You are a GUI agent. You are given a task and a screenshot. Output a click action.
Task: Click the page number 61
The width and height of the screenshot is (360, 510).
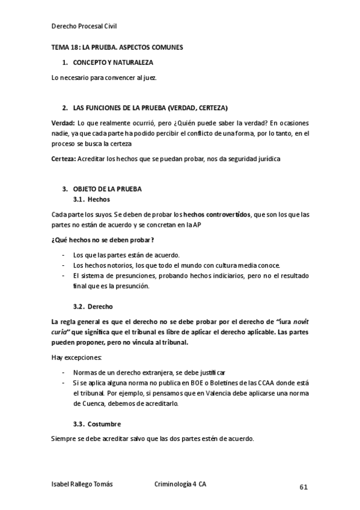[x=304, y=487]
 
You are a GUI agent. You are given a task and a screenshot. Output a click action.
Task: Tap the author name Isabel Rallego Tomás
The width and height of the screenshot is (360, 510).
[x=82, y=484]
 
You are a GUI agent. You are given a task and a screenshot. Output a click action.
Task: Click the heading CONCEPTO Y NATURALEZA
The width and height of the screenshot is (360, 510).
[x=113, y=63]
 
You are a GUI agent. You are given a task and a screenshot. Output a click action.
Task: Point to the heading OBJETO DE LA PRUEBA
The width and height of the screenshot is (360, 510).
[x=107, y=189]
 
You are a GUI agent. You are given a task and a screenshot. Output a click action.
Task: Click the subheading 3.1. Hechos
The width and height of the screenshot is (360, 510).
[x=91, y=199]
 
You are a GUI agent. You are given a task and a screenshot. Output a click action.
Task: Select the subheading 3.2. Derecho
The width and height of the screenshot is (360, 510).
[x=93, y=306]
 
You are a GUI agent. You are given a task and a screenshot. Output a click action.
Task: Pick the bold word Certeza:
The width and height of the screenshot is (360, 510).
[x=64, y=159]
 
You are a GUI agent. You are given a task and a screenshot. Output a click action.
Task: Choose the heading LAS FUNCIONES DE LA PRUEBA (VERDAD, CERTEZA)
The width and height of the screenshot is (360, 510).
[x=150, y=108]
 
